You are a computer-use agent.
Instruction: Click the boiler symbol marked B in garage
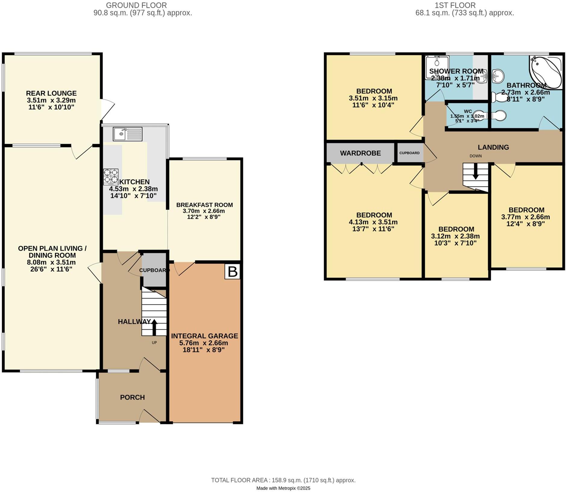pos(232,271)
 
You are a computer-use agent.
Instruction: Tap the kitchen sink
pos(127,134)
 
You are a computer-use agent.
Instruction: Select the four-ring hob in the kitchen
pos(111,177)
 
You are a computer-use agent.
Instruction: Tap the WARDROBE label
pos(360,153)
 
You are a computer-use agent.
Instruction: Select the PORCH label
pos(132,398)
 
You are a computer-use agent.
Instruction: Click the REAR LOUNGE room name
pos(51,93)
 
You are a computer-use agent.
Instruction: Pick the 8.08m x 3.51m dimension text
pos(51,262)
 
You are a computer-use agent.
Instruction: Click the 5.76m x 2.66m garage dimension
pos(204,343)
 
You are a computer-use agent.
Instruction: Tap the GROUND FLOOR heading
pos(136,5)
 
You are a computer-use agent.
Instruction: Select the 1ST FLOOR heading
pos(455,5)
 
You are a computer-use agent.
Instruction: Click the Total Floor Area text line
pos(283,480)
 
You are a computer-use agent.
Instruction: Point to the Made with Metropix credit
pos(283,488)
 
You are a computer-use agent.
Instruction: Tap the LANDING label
pos(493,147)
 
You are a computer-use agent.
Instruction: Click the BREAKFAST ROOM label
pos(204,205)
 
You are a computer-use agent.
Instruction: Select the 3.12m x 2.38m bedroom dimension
pos(456,236)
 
